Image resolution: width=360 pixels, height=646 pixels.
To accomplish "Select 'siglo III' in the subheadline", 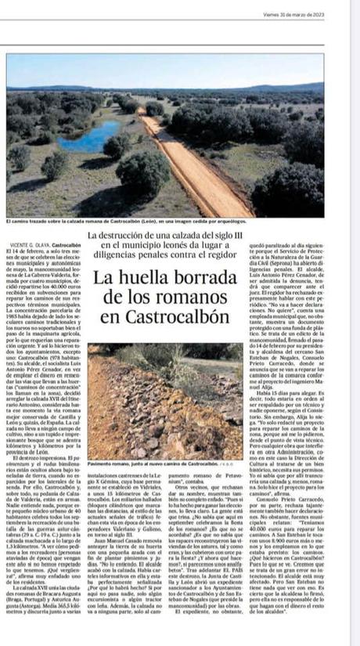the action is (x=225, y=235).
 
